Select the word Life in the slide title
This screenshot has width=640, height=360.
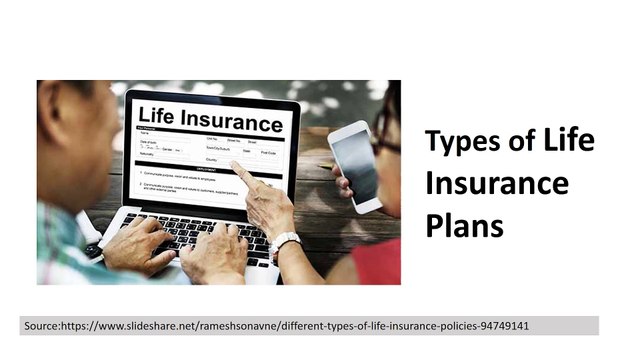569,141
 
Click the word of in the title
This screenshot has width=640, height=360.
522,143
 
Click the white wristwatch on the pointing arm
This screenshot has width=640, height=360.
284,243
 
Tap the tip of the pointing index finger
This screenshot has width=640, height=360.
236,166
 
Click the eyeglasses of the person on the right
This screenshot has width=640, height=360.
385,140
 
